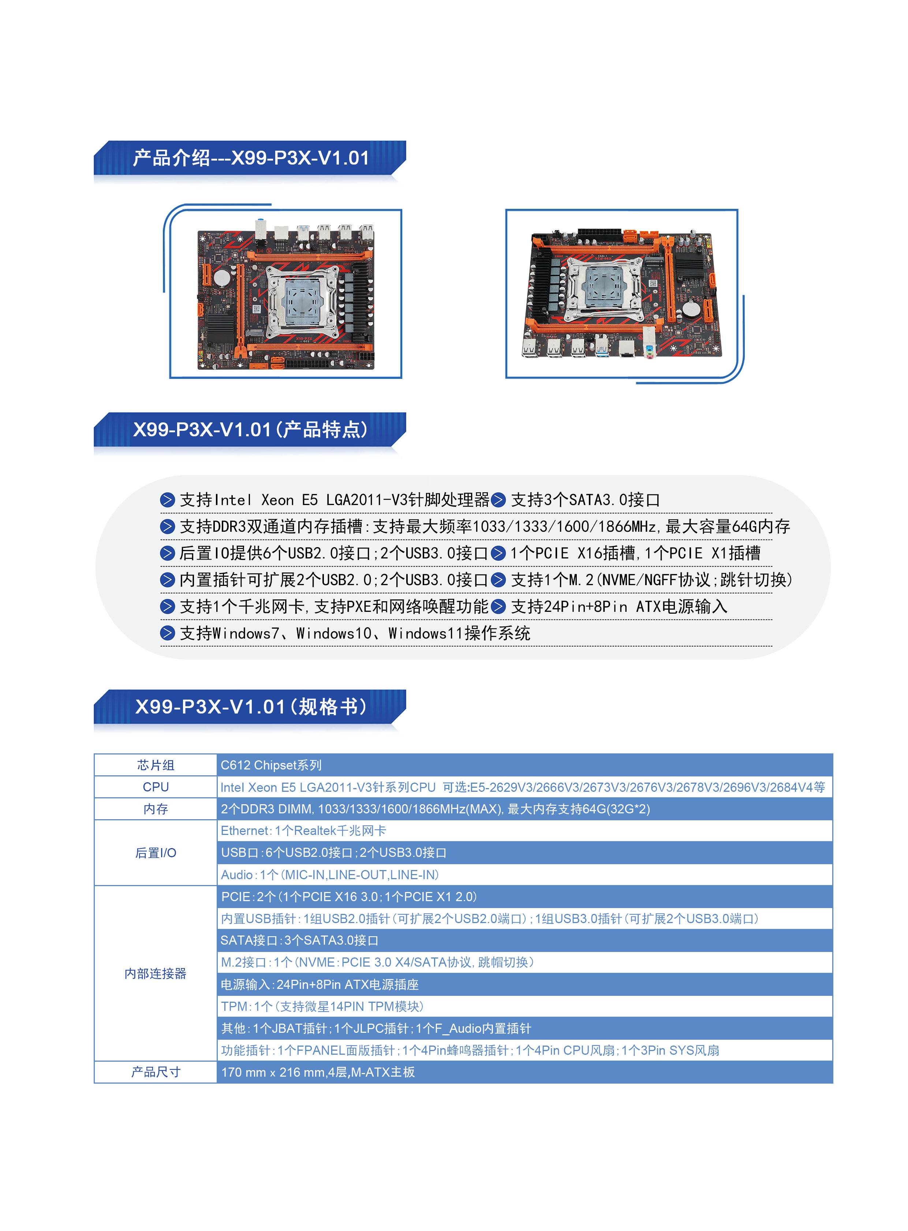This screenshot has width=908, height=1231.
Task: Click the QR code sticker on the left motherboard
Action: pos(257,308)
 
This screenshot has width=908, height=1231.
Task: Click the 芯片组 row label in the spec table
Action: pos(156,765)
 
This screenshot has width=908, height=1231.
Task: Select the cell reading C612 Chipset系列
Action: pos(271,765)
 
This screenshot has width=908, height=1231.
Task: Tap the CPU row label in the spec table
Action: pos(156,787)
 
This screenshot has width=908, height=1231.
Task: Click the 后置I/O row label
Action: pos(156,852)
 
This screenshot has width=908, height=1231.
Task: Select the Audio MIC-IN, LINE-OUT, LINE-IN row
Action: pos(330,874)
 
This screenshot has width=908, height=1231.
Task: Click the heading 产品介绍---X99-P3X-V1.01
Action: pos(251,158)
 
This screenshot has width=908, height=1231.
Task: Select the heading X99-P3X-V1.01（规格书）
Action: pos(251,707)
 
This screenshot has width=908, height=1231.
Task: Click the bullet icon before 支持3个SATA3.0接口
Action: pos(498,500)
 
